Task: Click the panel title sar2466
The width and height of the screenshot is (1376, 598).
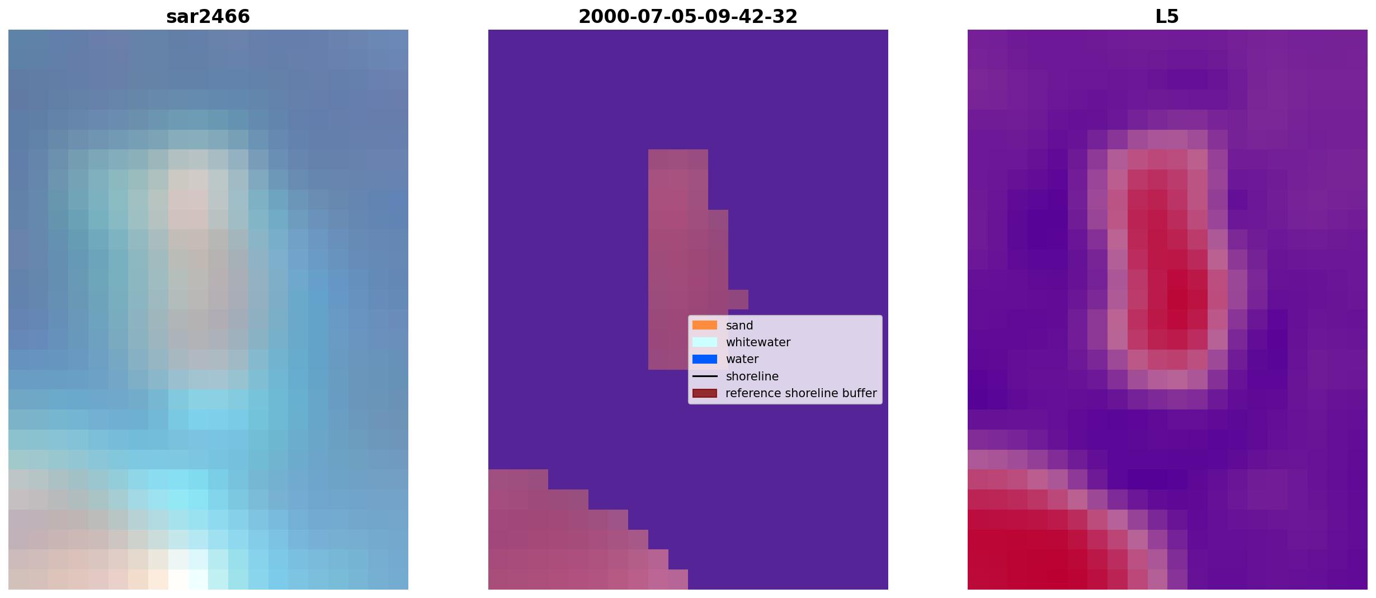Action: [208, 16]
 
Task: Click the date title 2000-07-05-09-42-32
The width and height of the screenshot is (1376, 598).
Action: [688, 16]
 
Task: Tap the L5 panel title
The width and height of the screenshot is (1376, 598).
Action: [1167, 16]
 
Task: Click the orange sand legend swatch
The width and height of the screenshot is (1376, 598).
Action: [705, 325]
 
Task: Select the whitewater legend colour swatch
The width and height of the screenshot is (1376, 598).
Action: [705, 342]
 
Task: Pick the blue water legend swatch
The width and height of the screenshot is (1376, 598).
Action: [705, 359]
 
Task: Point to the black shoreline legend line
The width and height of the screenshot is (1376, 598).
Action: [705, 376]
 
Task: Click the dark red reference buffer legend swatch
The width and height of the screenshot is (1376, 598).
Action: [705, 393]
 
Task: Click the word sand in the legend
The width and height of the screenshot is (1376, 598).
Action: [739, 326]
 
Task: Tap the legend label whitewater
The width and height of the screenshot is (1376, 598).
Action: [758, 342]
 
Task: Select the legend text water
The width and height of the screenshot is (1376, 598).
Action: [742, 359]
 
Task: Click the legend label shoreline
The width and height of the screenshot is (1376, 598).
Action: [752, 376]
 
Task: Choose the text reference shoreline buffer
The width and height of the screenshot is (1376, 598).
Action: [801, 393]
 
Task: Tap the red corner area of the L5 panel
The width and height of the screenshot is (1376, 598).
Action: [1024, 537]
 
